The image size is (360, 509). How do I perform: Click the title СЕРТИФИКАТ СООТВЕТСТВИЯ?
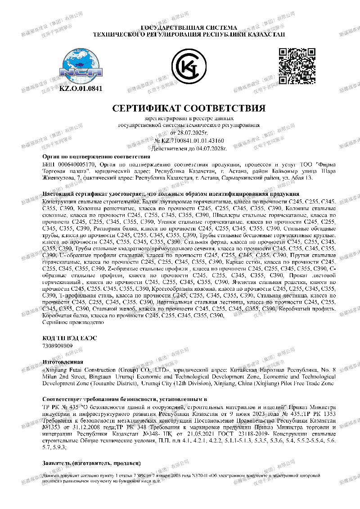coord(189,108)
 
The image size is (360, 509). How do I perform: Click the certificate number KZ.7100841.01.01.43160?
coord(193,141)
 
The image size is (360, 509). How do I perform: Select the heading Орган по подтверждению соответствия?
coord(96,157)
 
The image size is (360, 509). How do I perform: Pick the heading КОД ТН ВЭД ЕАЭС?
coord(69,338)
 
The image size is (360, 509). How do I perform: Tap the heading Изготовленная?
coord(63,361)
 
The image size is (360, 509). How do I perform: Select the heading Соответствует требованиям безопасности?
coord(124,399)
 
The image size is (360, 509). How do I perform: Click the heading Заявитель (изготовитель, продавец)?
coord(91,463)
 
